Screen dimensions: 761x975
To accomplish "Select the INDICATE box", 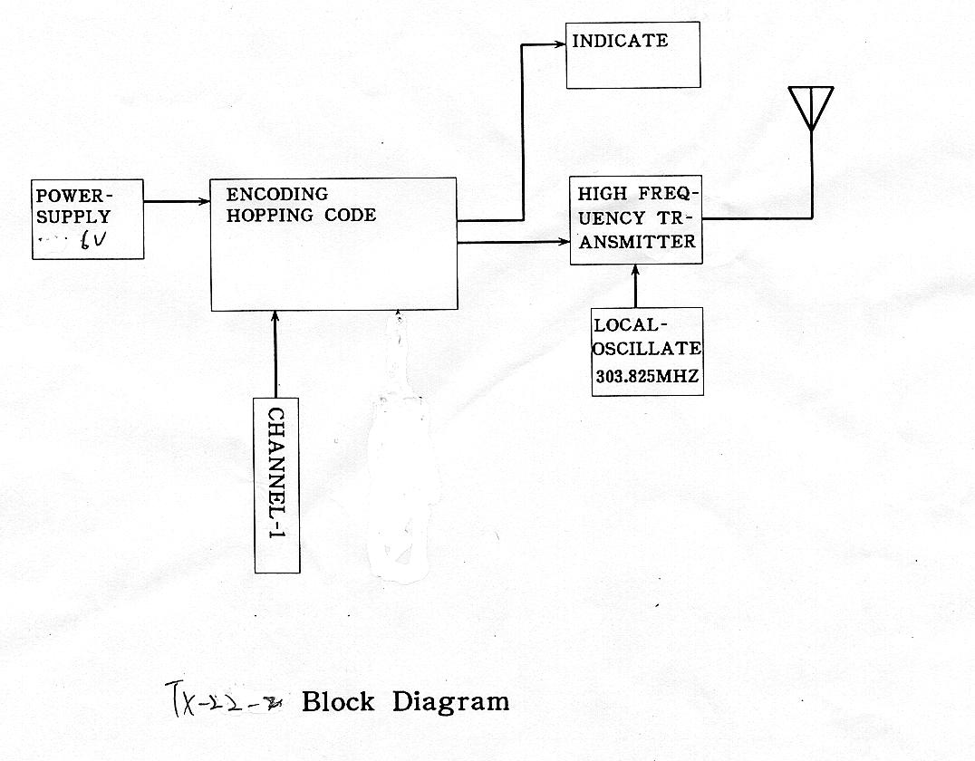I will click(632, 55).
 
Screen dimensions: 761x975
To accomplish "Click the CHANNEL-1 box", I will click(276, 485).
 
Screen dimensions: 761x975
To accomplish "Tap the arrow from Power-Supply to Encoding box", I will click(177, 201).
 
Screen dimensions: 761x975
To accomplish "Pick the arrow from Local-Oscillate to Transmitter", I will click(635, 286).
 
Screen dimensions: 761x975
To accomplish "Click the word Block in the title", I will click(338, 701).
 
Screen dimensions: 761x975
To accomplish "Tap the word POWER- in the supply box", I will click(75, 196).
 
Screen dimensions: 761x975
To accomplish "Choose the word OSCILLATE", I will click(647, 348).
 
